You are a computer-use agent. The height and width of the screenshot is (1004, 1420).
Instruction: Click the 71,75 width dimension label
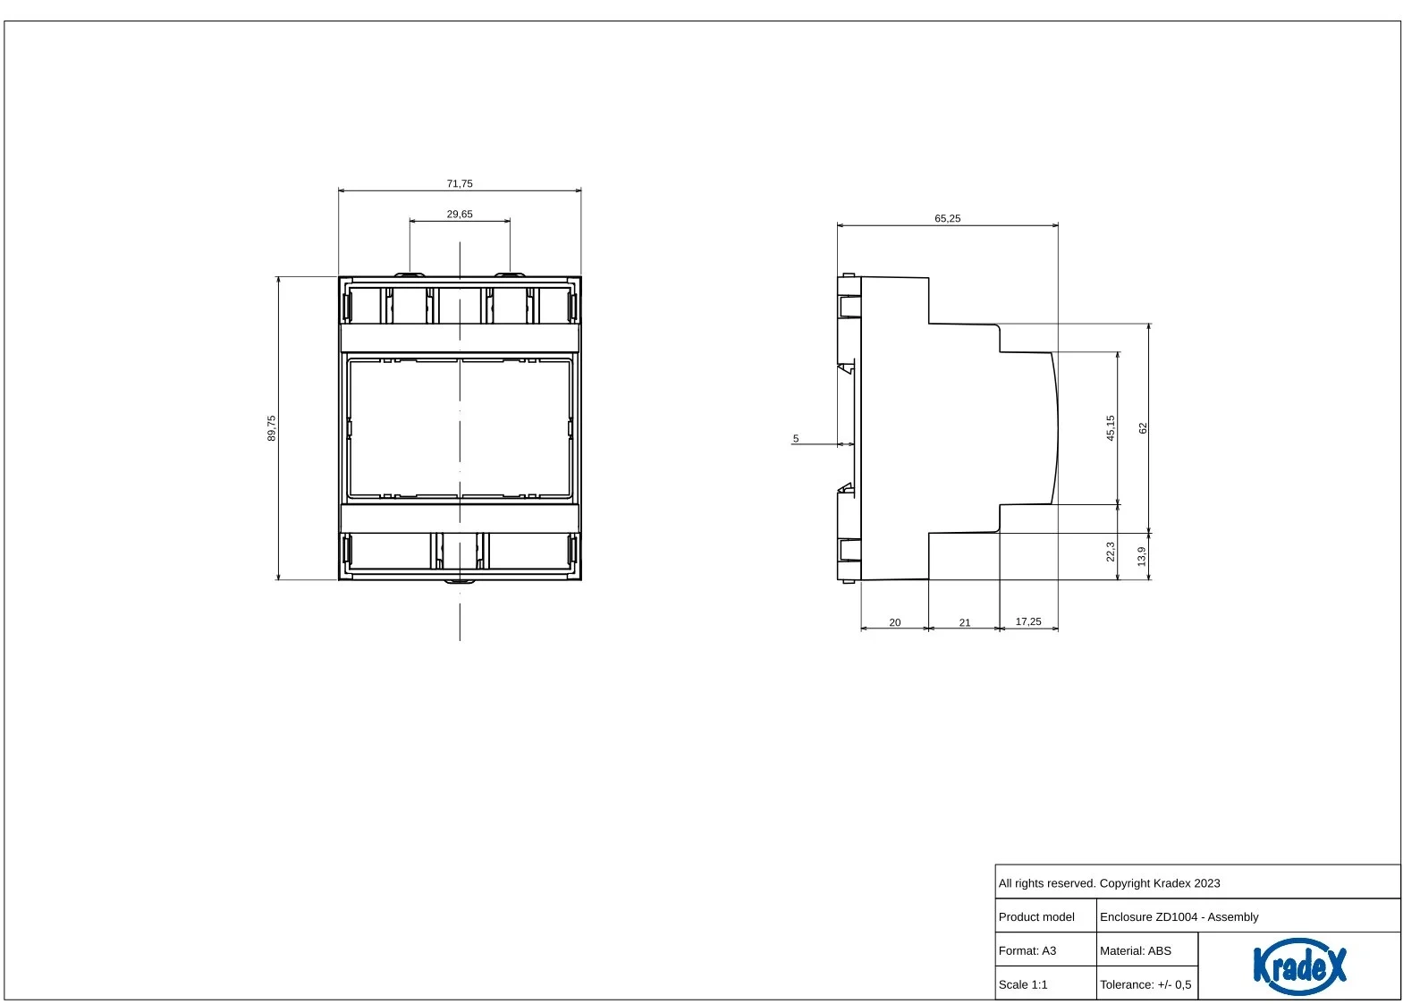point(460,184)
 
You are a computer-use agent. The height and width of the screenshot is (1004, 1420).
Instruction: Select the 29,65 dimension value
point(460,215)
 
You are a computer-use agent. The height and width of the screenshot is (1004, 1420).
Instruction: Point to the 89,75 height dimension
point(271,428)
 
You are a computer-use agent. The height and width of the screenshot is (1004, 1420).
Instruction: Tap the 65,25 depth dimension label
point(948,219)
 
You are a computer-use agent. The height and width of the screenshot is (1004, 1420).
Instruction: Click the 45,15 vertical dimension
point(1111,428)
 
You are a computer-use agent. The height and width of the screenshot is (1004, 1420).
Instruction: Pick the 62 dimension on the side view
point(1143,428)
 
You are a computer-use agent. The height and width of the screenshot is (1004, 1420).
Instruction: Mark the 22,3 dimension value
point(1111,552)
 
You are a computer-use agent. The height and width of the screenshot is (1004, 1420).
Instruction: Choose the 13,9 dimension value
point(1142,556)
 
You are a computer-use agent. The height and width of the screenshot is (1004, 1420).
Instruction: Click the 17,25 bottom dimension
point(1028,621)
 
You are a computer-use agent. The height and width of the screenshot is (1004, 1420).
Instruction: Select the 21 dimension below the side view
point(965,623)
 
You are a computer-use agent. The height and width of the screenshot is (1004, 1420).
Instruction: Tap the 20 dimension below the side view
point(895,623)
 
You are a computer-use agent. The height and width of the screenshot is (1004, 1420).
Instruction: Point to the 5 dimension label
point(796,439)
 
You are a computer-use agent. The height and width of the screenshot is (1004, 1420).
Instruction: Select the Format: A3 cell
point(1027,950)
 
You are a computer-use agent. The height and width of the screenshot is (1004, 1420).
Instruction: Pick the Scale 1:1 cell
point(1023,984)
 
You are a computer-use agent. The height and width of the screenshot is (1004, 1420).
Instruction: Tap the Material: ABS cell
point(1136,950)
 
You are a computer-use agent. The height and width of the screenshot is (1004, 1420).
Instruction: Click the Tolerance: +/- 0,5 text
point(1145,984)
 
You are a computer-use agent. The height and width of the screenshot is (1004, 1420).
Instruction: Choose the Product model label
point(1036,917)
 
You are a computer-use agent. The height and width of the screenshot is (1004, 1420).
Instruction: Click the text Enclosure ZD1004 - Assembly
point(1179,917)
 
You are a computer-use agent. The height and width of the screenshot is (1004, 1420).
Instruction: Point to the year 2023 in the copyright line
point(1207,883)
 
